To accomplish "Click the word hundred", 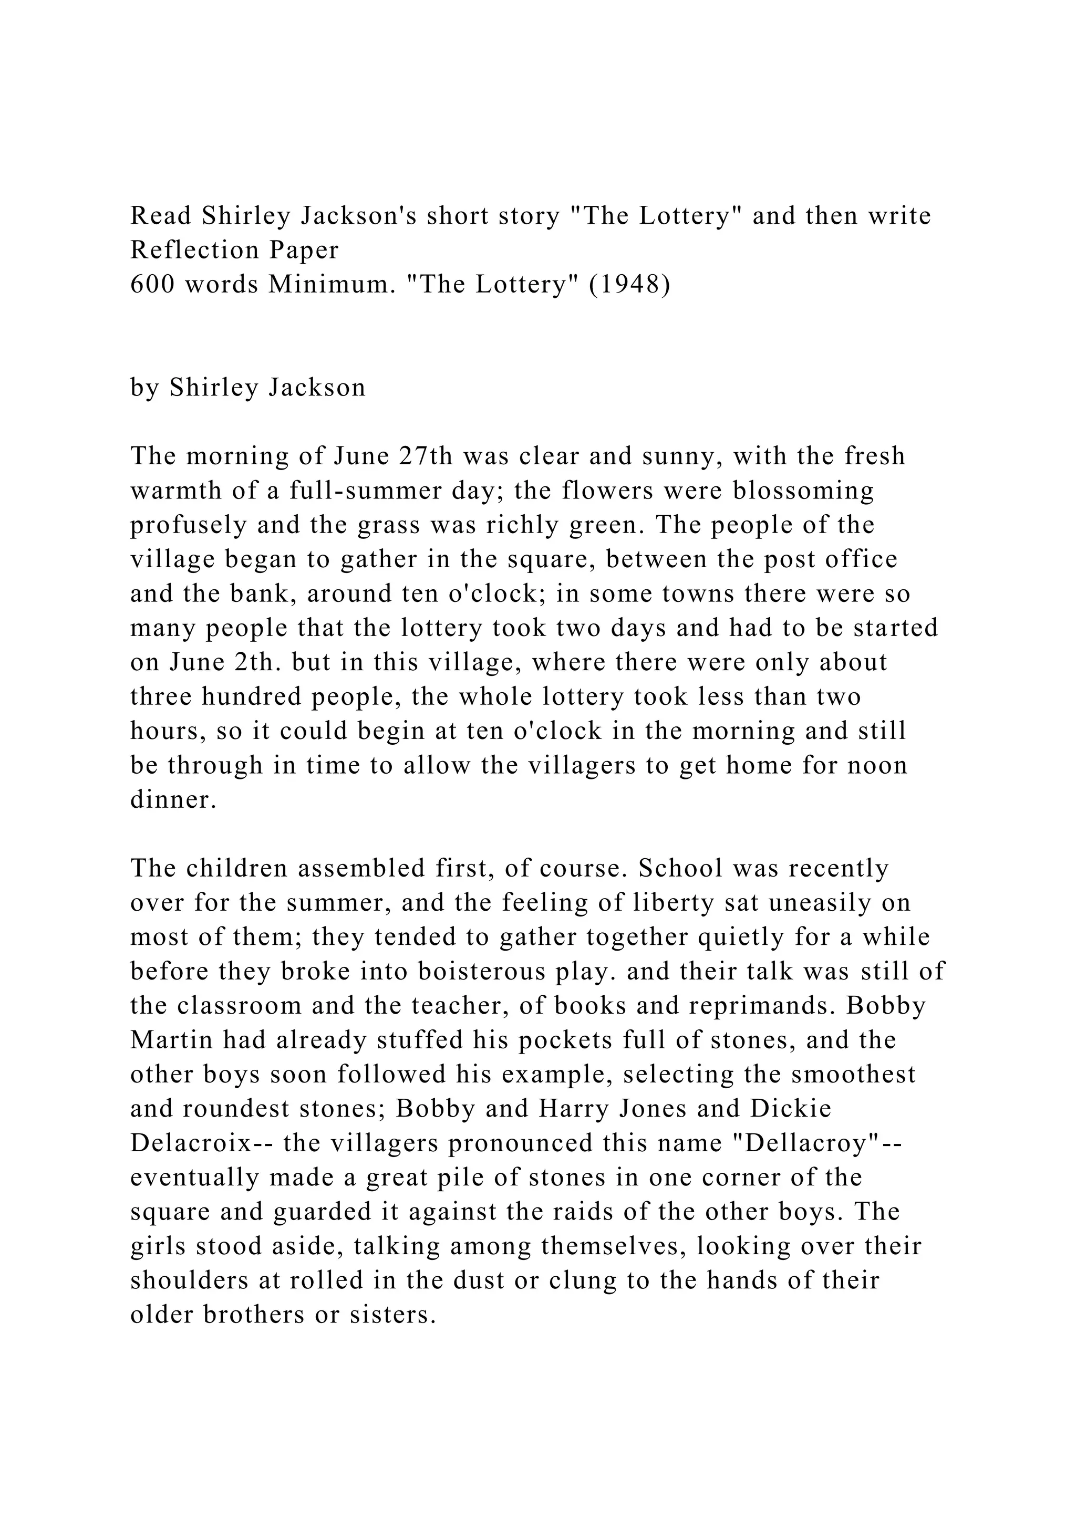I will (252, 697).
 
